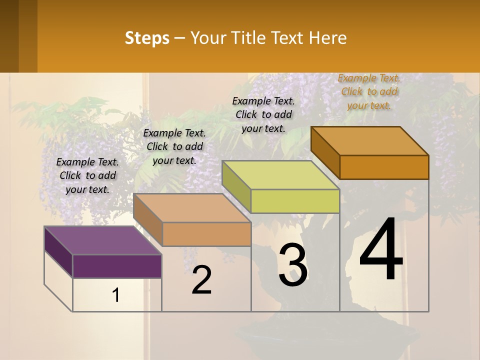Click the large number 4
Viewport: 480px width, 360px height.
click(x=381, y=251)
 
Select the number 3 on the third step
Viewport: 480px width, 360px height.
click(x=293, y=265)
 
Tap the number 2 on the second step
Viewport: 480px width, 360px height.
click(x=202, y=280)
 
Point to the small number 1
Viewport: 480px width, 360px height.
click(x=116, y=295)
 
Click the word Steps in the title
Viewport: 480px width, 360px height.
click(x=147, y=38)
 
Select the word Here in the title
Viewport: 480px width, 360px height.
click(x=328, y=38)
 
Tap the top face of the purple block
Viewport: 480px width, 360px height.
click(x=103, y=240)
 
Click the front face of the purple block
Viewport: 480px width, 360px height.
click(x=117, y=266)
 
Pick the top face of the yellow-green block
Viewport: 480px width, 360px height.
click(x=280, y=175)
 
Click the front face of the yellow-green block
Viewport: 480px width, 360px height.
click(x=295, y=201)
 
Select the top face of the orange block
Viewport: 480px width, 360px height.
click(x=370, y=141)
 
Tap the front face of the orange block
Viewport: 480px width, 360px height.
click(x=384, y=167)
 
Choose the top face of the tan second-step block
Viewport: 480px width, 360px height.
click(x=192, y=208)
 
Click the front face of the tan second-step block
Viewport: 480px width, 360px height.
click(x=206, y=234)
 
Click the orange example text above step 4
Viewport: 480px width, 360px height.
click(x=369, y=91)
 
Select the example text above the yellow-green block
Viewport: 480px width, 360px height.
click(x=263, y=114)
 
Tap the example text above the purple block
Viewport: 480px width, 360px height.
click(x=87, y=175)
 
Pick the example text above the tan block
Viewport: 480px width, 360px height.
click(x=174, y=146)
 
